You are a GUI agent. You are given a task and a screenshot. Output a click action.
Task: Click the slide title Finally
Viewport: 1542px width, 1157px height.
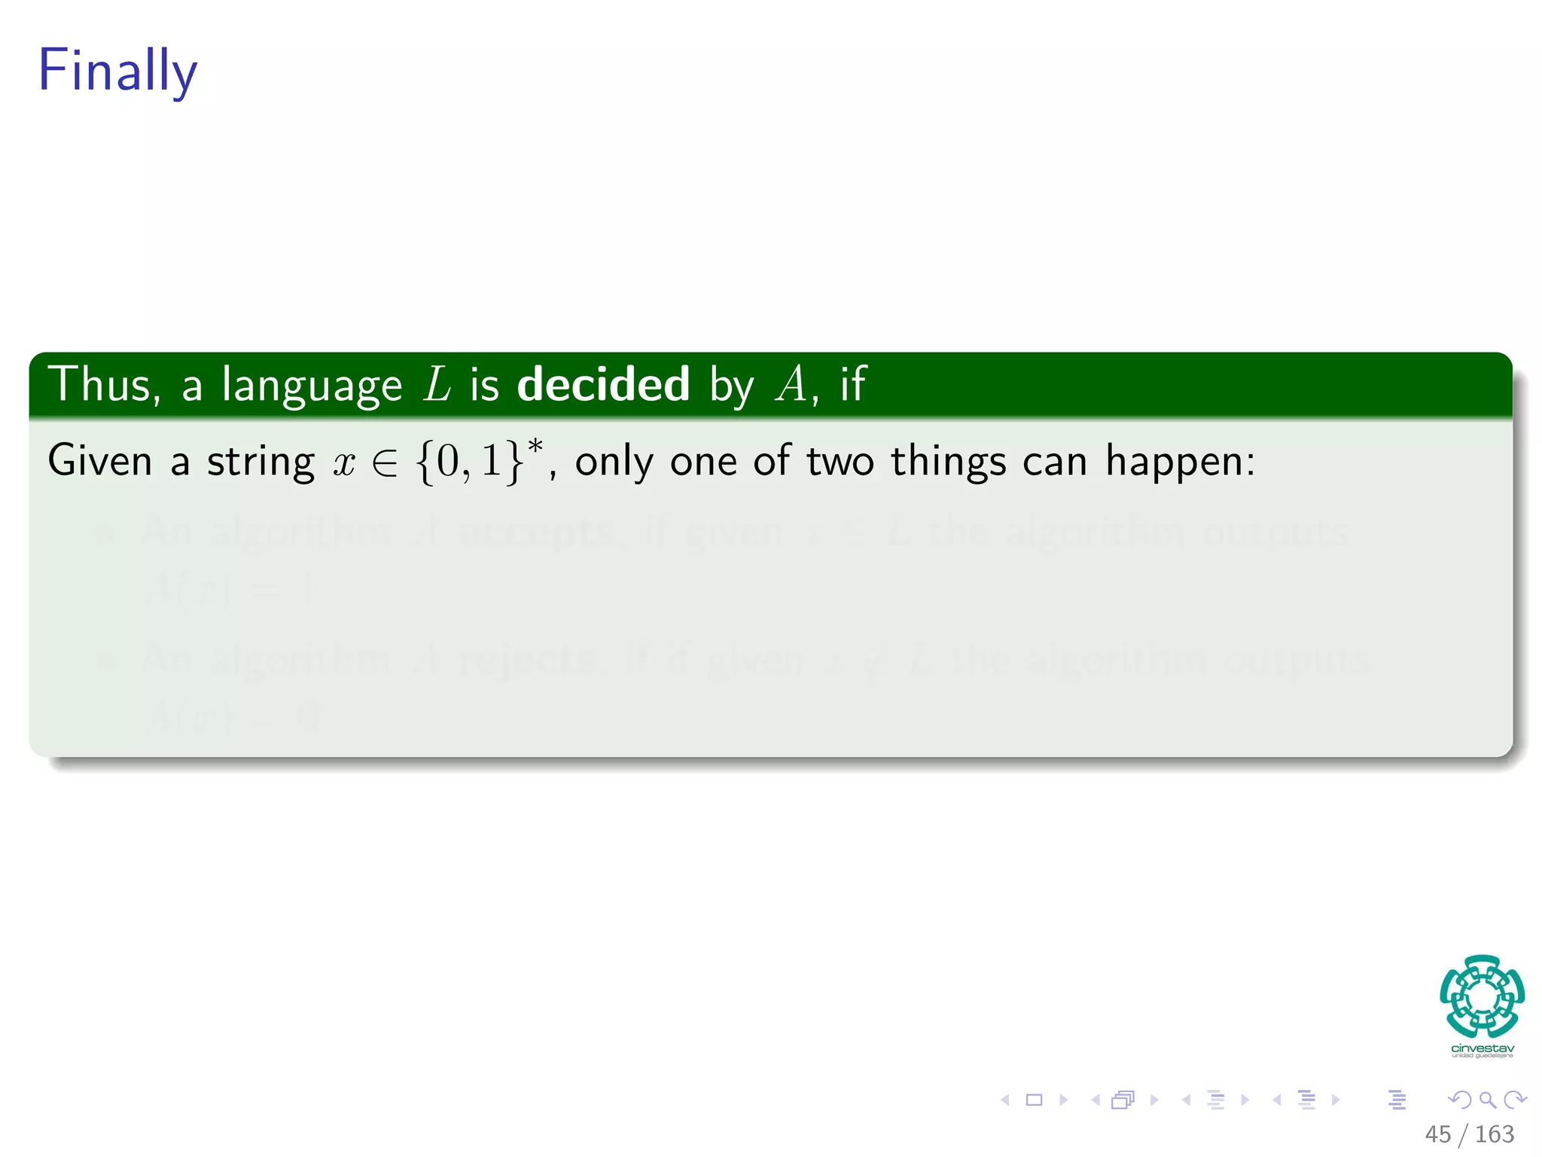pos(117,71)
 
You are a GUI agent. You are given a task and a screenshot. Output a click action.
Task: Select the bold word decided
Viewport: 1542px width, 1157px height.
pos(603,384)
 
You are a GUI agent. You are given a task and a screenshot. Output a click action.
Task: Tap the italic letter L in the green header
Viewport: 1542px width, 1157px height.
pos(437,384)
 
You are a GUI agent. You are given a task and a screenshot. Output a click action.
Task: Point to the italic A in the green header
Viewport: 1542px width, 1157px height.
pos(791,384)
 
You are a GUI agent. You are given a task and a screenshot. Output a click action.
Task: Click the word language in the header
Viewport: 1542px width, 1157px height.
pos(312,387)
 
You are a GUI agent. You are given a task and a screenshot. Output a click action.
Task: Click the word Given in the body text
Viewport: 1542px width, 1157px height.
pos(100,460)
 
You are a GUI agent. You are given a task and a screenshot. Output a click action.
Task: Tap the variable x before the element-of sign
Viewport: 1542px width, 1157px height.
pos(344,462)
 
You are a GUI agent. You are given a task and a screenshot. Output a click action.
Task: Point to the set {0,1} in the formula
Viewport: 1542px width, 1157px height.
pos(469,462)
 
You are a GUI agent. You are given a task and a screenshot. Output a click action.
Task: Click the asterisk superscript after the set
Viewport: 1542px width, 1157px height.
pos(535,447)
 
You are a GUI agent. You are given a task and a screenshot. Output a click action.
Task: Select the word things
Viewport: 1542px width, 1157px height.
pos(948,462)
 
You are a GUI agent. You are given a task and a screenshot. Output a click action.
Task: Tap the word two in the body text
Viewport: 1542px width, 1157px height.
pos(840,461)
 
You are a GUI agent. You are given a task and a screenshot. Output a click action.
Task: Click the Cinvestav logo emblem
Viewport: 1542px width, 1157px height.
pos(1482,996)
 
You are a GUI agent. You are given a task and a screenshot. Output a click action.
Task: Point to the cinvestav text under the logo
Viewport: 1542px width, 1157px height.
pos(1482,1049)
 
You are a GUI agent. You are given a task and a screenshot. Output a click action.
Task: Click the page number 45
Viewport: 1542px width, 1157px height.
pos(1437,1134)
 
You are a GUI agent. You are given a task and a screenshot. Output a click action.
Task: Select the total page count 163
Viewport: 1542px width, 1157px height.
pos(1494,1134)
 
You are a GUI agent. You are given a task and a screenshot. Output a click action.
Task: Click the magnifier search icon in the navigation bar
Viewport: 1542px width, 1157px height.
pos(1487,1101)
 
